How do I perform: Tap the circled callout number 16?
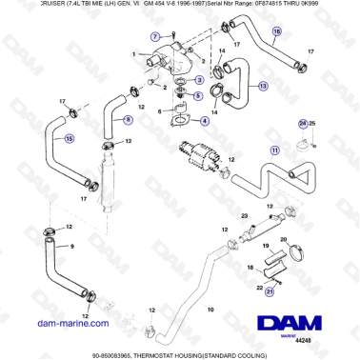[277, 32]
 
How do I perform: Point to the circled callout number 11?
[275, 150]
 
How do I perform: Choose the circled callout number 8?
[129, 119]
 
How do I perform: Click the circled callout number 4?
[205, 121]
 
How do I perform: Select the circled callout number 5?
[197, 96]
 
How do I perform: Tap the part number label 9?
[70, 246]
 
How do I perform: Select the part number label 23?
[244, 219]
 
